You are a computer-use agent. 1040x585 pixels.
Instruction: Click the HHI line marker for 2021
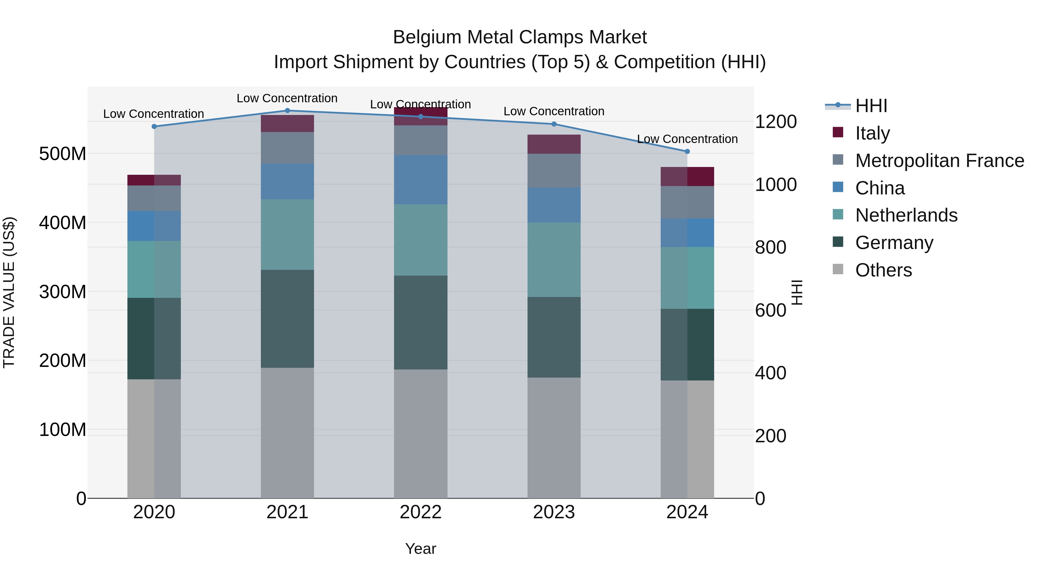(287, 111)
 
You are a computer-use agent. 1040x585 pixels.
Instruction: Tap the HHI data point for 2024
(687, 151)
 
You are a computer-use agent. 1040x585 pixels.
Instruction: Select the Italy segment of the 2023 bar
(554, 144)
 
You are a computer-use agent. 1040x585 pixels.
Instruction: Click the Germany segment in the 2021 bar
(287, 319)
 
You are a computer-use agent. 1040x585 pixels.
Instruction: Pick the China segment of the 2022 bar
(421, 180)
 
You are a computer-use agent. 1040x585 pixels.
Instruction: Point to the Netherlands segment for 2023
(554, 260)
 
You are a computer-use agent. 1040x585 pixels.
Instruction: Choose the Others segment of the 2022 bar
(421, 434)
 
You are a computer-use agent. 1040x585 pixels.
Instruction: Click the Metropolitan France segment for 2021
(287, 148)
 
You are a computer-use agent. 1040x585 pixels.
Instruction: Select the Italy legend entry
(872, 133)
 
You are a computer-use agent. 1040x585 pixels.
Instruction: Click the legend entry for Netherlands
(906, 215)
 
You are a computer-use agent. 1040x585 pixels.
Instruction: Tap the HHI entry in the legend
(871, 106)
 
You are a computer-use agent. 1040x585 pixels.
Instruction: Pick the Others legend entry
(883, 270)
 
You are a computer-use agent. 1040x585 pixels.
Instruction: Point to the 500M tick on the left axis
(63, 154)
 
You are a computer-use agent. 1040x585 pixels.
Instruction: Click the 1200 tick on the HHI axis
(776, 122)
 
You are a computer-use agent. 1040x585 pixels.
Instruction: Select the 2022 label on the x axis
(421, 512)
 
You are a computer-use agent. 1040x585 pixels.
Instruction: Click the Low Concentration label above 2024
(687, 139)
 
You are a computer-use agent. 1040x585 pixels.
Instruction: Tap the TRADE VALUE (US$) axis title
(9, 292)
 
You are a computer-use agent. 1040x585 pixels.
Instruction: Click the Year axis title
(421, 549)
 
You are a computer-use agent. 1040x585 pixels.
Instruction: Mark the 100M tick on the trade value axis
(63, 430)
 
